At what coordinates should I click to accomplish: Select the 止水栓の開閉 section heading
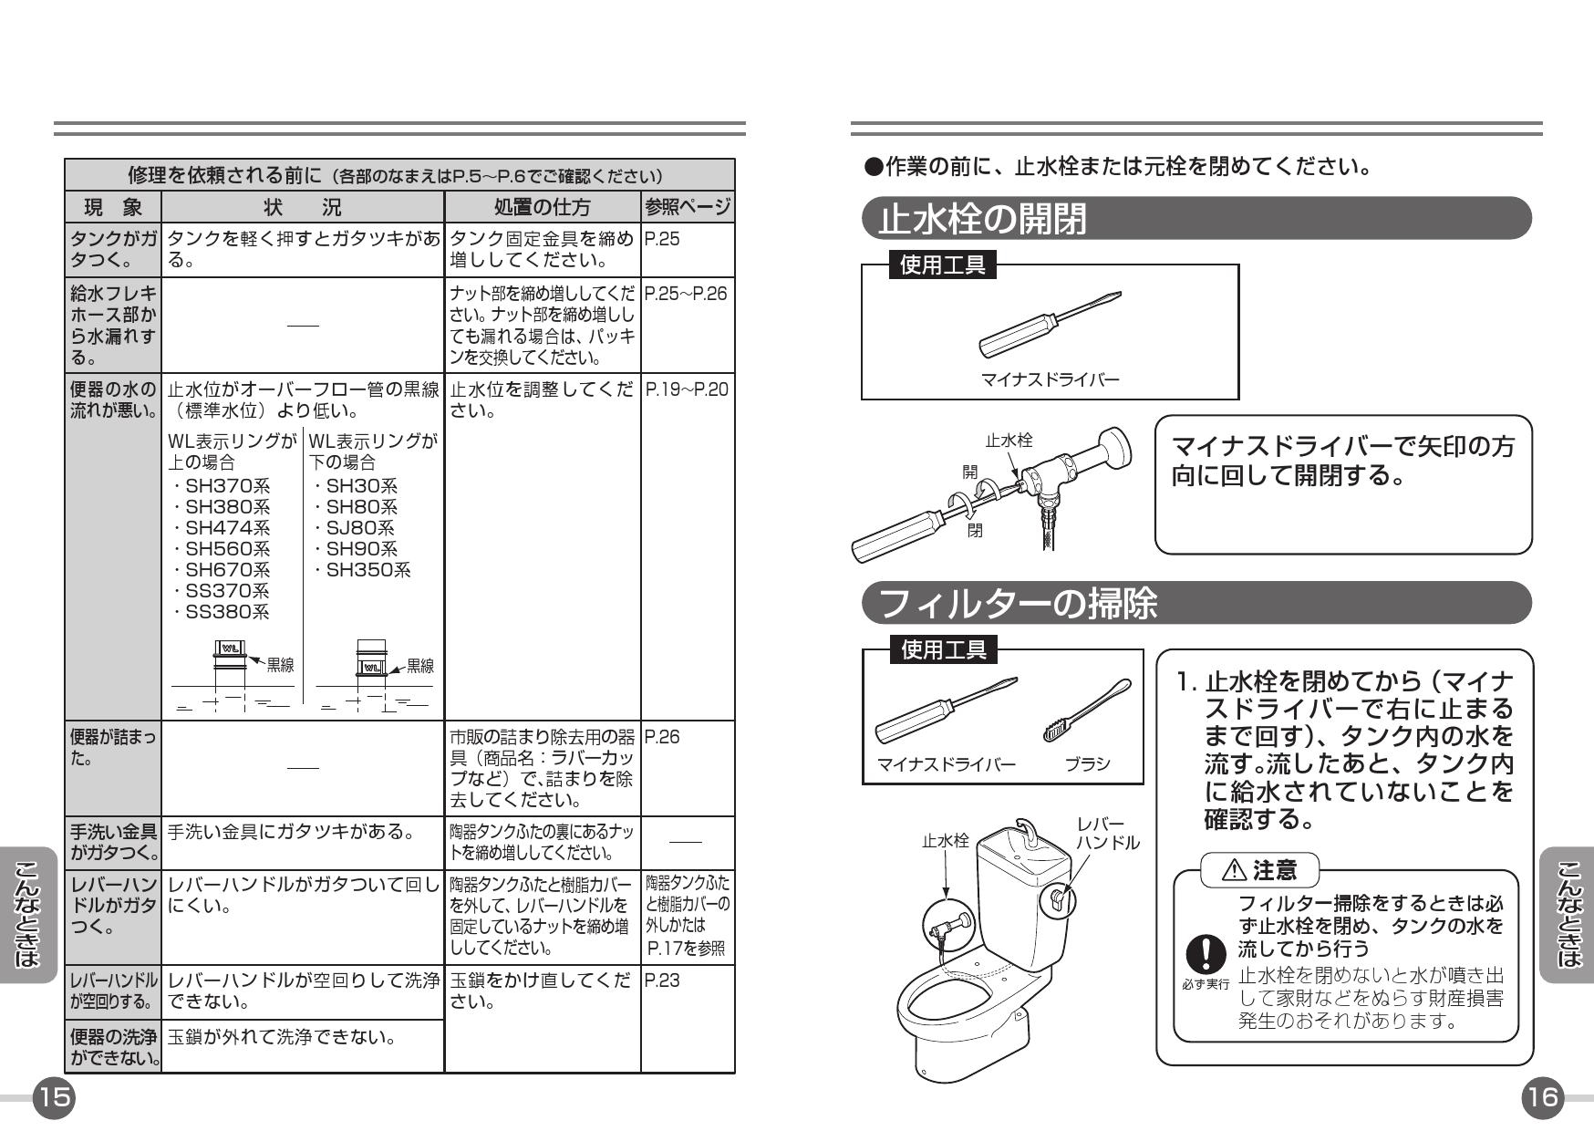click(x=983, y=219)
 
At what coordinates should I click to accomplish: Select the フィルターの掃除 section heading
click(x=1018, y=603)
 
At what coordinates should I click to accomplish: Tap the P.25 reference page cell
click(x=662, y=240)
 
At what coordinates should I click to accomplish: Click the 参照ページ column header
click(x=688, y=207)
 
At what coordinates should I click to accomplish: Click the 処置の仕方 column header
click(x=542, y=207)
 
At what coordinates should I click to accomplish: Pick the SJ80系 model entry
click(x=354, y=528)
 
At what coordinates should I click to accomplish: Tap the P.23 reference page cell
click(x=662, y=981)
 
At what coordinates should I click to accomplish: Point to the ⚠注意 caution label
click(x=1262, y=870)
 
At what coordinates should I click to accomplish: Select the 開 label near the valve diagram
click(x=970, y=472)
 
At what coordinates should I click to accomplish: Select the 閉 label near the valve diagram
click(x=976, y=530)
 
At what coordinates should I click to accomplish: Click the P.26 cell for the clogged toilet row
click(x=662, y=737)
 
